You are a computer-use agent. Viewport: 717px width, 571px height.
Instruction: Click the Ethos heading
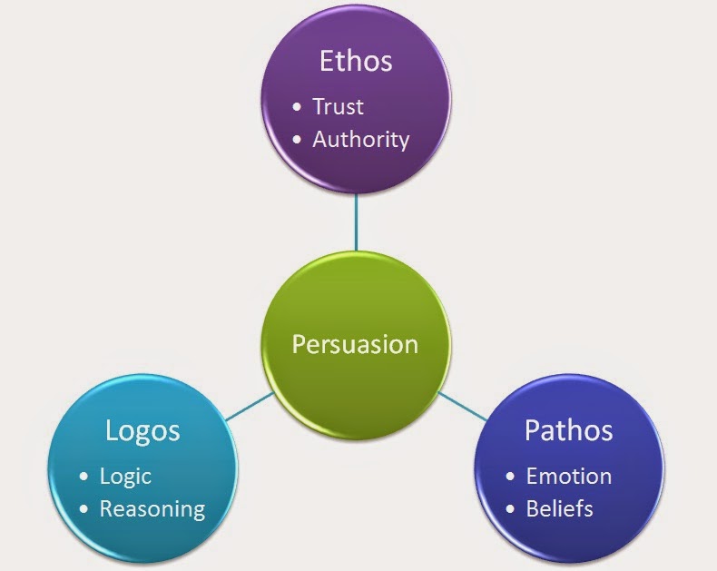[356, 61]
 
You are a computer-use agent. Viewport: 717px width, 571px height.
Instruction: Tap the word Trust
[338, 106]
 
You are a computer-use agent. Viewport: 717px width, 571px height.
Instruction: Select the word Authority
[360, 139]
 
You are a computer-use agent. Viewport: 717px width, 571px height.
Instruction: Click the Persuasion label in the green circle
[355, 345]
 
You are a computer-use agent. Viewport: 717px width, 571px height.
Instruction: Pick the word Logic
[125, 476]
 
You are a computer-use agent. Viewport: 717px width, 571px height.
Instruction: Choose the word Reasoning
[152, 508]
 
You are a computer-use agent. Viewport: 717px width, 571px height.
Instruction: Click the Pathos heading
[568, 429]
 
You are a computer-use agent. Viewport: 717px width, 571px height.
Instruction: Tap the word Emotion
[568, 476]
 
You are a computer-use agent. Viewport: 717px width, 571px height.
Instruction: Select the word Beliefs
[559, 508]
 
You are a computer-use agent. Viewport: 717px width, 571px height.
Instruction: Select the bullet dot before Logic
[84, 477]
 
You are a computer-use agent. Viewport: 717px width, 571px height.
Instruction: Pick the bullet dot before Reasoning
[84, 509]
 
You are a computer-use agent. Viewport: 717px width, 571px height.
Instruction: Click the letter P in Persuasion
[298, 345]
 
